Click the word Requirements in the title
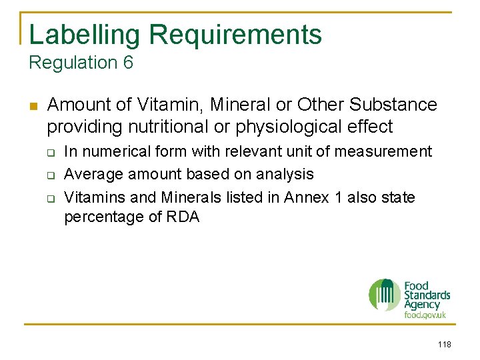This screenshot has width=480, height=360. pos(235,35)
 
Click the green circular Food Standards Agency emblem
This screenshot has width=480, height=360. pos(385,294)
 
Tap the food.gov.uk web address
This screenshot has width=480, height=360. pos(425,315)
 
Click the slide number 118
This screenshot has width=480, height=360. pos(444,344)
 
